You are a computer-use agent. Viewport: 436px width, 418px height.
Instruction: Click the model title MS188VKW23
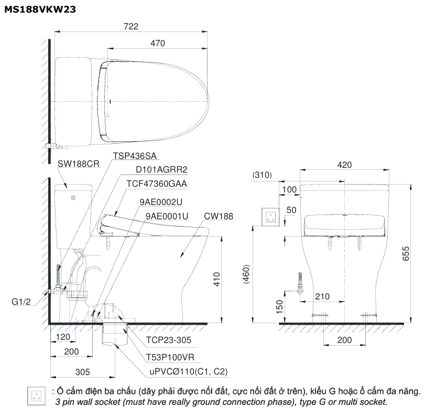[x=40, y=9]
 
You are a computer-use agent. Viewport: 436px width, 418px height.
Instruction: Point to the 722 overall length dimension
[x=130, y=26]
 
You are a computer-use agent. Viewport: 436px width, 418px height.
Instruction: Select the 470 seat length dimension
[x=158, y=43]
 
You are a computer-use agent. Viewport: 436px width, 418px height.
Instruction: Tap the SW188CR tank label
[x=79, y=164]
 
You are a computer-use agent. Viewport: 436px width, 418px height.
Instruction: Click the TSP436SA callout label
[x=135, y=156]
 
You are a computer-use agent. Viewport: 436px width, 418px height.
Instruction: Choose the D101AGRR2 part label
[x=161, y=169]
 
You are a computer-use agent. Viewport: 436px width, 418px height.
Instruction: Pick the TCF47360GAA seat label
[x=157, y=184]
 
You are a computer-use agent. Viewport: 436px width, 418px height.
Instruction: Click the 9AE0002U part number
[x=161, y=202]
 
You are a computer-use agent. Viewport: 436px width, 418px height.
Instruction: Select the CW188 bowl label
[x=219, y=216]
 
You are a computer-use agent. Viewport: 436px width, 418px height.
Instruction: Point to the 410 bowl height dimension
[x=216, y=279]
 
